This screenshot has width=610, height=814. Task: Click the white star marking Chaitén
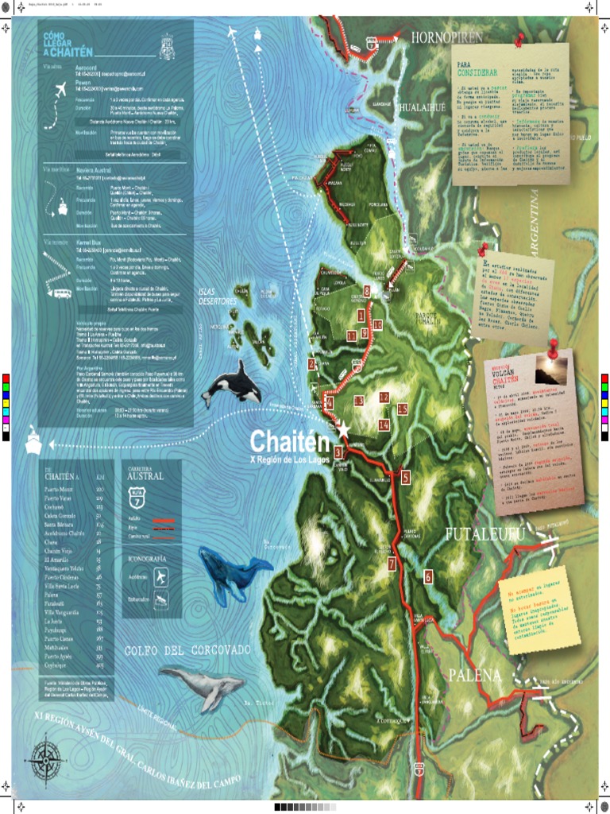coord(343,430)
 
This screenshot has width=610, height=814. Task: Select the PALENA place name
coord(474,676)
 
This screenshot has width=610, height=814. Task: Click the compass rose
coord(45,757)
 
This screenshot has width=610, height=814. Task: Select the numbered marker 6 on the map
coord(428,577)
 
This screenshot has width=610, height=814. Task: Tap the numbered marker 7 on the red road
coord(392,564)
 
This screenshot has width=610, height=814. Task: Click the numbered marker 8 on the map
coord(367,290)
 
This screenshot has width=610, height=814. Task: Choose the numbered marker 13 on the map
coord(359,401)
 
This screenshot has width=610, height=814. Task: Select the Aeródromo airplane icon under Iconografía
coord(161,576)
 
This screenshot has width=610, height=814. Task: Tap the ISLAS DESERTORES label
coord(218,297)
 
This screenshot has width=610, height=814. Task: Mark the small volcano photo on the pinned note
coord(550,370)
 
